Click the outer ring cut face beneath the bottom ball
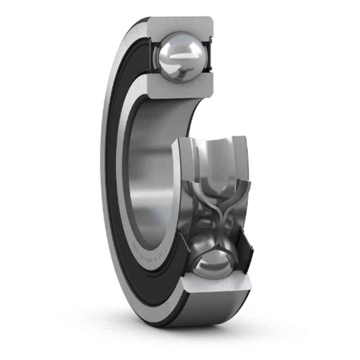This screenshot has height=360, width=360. pyautogui.click(x=220, y=286)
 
